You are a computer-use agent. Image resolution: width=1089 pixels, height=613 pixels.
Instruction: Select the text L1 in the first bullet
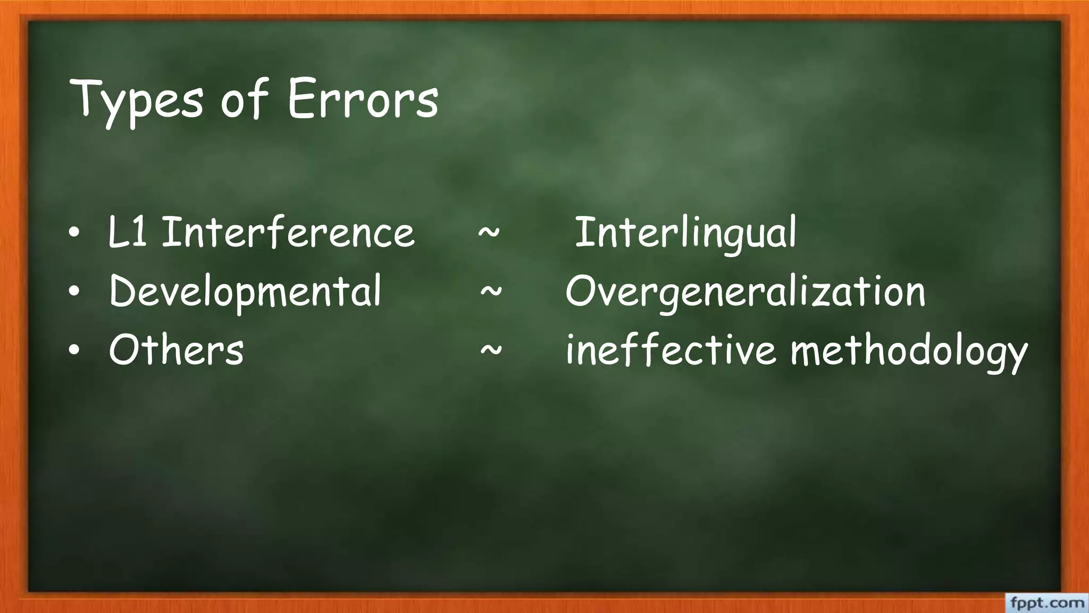(x=128, y=233)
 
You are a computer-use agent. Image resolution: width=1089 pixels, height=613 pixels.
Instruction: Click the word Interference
(x=288, y=233)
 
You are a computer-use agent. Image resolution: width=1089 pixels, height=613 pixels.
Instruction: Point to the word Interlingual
(x=686, y=233)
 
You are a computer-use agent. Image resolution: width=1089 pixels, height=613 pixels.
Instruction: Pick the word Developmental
(x=245, y=292)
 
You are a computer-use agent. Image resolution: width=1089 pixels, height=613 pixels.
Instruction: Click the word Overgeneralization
(x=745, y=292)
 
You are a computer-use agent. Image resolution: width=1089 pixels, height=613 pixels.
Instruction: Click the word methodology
(x=909, y=351)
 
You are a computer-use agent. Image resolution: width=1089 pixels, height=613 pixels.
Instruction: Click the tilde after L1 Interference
(x=489, y=233)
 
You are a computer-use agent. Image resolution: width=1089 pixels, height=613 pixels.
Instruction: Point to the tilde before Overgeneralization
(x=491, y=292)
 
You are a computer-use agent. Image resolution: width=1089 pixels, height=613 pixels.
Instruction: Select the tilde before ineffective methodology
(x=491, y=350)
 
